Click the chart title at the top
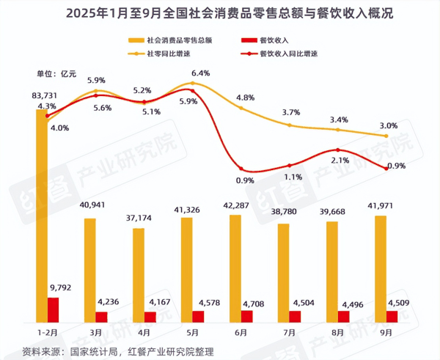coord(220,13)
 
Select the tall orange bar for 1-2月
coord(42,213)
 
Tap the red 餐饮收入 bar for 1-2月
coord(54,309)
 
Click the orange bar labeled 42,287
coord(235,268)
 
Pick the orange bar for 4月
coord(139,275)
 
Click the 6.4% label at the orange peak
coord(200,73)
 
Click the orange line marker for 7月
coord(290,125)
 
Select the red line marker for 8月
coord(338,150)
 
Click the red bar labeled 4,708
coord(247,316)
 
